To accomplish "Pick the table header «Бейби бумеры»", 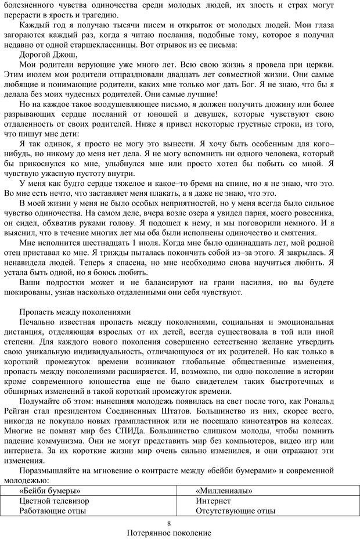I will click(50, 491).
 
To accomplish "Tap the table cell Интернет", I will click(213, 501).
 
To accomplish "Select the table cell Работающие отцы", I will click(53, 511).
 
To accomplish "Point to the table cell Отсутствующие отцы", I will click(235, 511).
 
